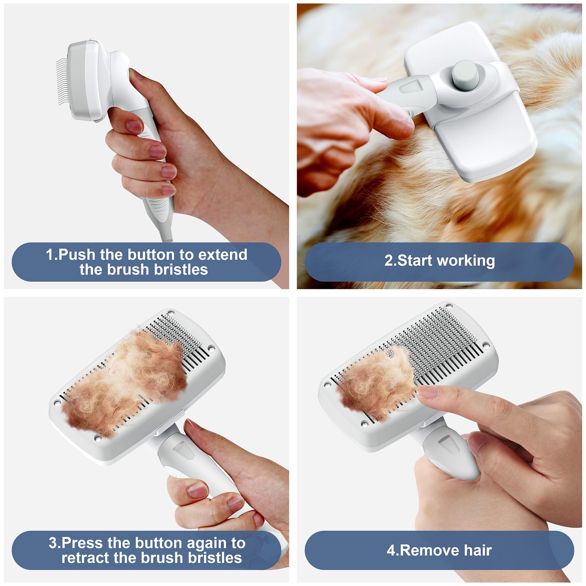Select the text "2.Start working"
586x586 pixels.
tap(439, 261)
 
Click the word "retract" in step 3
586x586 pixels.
tap(85, 558)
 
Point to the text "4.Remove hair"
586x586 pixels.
tap(439, 550)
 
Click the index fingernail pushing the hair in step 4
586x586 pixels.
tap(428, 393)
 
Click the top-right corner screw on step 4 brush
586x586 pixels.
tap(486, 345)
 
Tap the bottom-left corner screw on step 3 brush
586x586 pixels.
tap(97, 438)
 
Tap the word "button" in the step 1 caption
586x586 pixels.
tap(151, 255)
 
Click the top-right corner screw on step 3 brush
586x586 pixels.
tap(211, 348)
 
